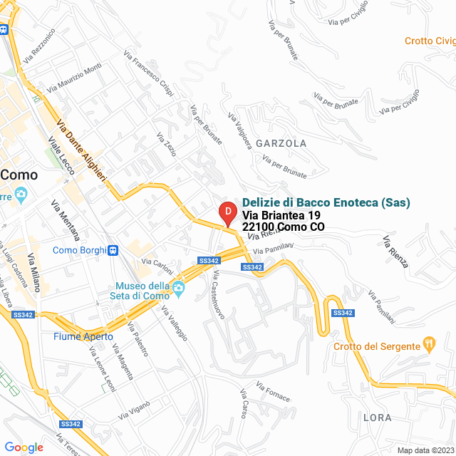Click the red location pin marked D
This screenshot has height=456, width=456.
tap(227, 213)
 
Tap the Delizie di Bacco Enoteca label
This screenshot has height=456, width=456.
tap(326, 202)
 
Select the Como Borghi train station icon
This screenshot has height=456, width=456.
tap(113, 250)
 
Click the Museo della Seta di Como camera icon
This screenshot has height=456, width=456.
tap(179, 287)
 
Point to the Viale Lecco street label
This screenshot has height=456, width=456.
tap(61, 153)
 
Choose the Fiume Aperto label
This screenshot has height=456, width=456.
tap(83, 336)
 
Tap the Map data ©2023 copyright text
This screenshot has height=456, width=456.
tap(425, 450)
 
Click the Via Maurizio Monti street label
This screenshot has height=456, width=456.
tap(74, 78)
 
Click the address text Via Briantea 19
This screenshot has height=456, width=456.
tap(281, 215)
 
